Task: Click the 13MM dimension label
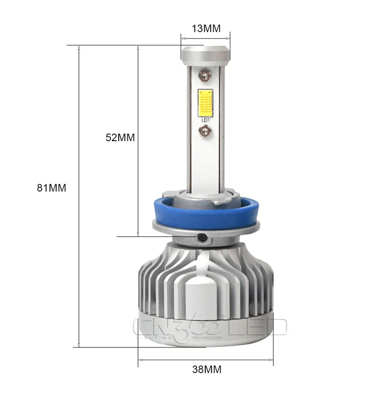click(206, 28)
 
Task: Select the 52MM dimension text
click(120, 137)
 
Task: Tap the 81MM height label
click(52, 188)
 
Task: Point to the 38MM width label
click(207, 369)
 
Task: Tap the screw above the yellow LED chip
click(205, 75)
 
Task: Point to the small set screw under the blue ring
click(203, 237)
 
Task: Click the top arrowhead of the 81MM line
click(79, 48)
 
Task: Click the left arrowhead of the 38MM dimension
click(141, 359)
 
